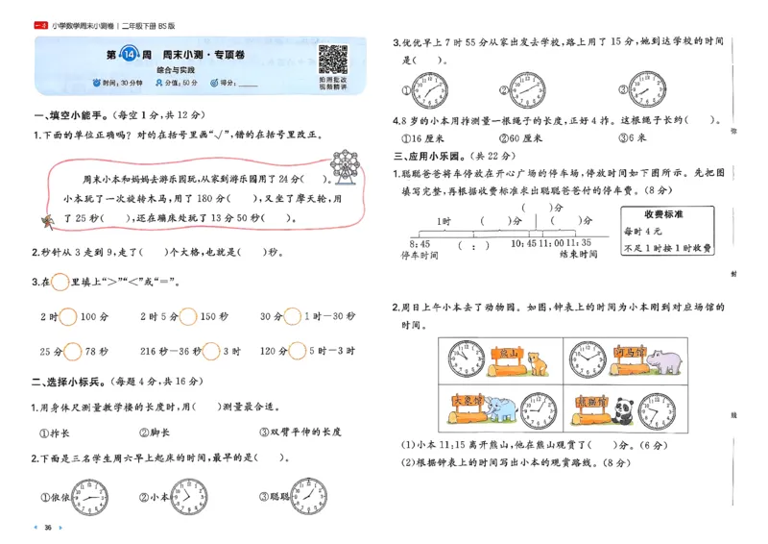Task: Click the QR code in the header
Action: (332, 60)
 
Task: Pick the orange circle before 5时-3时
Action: (299, 351)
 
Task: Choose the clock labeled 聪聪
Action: (310, 497)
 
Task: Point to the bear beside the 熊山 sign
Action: (539, 364)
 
